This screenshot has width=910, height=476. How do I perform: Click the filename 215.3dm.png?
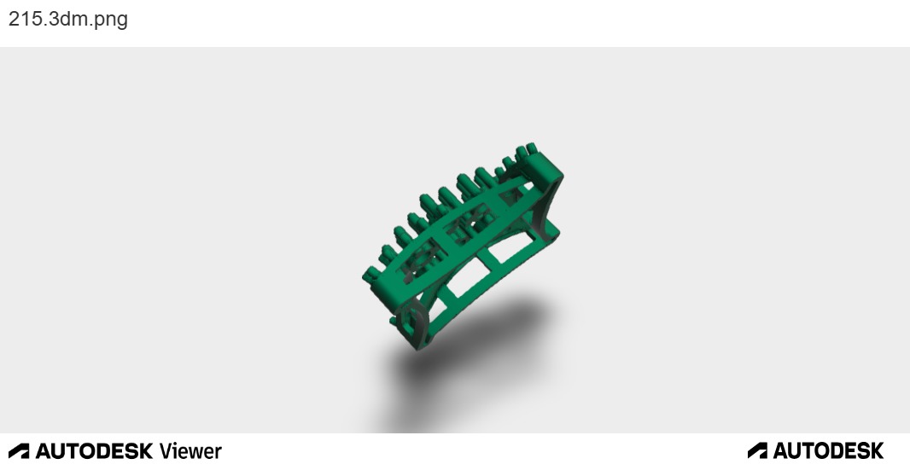pyautogui.click(x=68, y=19)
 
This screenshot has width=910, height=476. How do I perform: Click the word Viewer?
pyautogui.click(x=190, y=451)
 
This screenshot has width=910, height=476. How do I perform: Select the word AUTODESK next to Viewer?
pyautogui.click(x=94, y=451)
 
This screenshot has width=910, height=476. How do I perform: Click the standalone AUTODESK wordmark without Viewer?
pyautogui.click(x=828, y=450)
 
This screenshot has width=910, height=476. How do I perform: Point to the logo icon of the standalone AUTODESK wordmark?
pyautogui.click(x=757, y=450)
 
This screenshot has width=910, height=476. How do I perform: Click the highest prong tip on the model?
pyautogui.click(x=531, y=148)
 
